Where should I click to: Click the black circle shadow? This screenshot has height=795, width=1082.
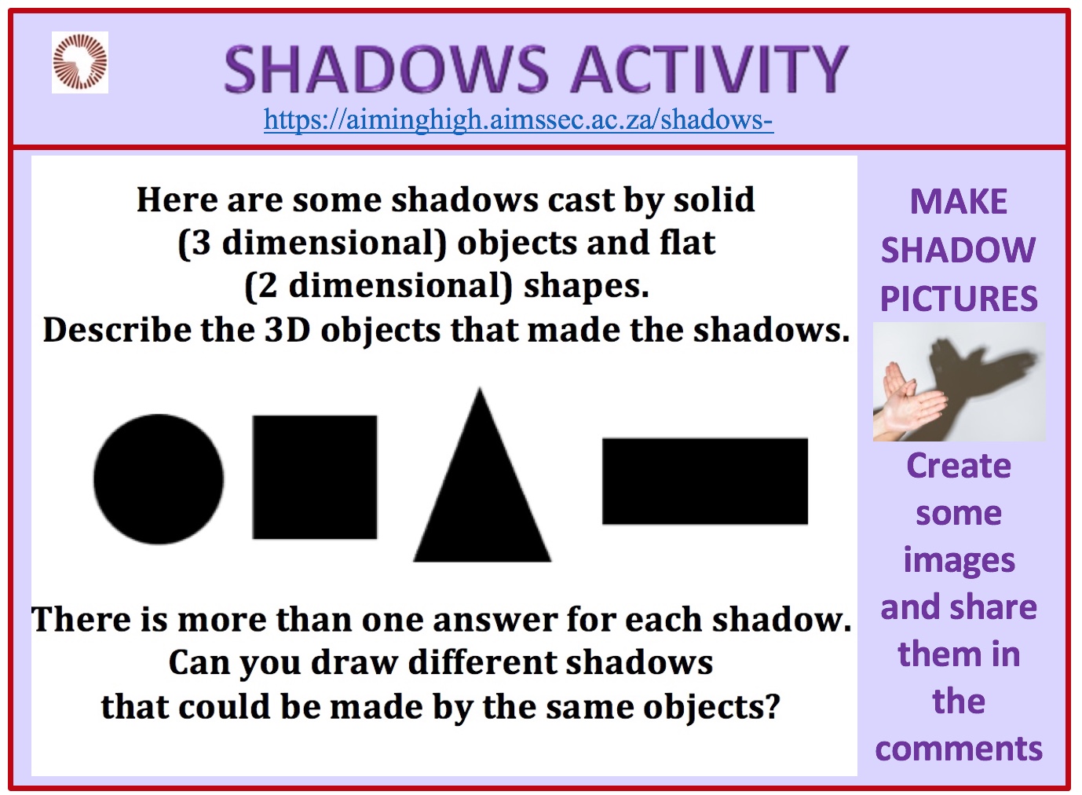(159, 479)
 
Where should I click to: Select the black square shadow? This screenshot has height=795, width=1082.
(314, 477)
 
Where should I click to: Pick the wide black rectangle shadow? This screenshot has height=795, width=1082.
(705, 481)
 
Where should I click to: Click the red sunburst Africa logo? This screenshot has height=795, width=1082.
(80, 62)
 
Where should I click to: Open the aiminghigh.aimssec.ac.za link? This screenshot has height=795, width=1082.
(518, 119)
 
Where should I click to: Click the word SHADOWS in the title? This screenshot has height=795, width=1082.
(386, 68)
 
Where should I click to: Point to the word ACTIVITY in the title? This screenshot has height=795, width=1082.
(709, 68)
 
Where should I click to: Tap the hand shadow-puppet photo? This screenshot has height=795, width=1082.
(959, 382)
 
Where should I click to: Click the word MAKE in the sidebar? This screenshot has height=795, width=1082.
(959, 202)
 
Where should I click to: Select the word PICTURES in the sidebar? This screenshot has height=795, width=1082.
(959, 299)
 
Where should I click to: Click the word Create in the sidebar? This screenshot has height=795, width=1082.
(959, 466)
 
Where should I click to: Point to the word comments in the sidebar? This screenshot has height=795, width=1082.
(959, 749)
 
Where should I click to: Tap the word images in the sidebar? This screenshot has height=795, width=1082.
(960, 562)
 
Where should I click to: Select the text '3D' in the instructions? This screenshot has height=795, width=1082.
(287, 330)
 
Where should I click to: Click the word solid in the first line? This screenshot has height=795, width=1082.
(714, 200)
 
